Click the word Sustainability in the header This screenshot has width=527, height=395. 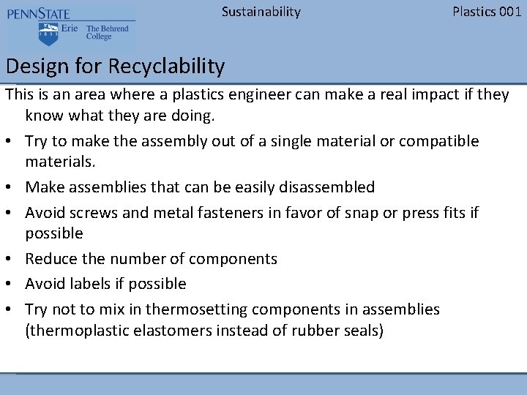tap(261, 12)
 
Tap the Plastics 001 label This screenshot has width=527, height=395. tap(487, 12)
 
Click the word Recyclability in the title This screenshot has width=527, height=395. tap(166, 67)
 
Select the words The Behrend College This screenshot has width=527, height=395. tap(107, 33)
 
